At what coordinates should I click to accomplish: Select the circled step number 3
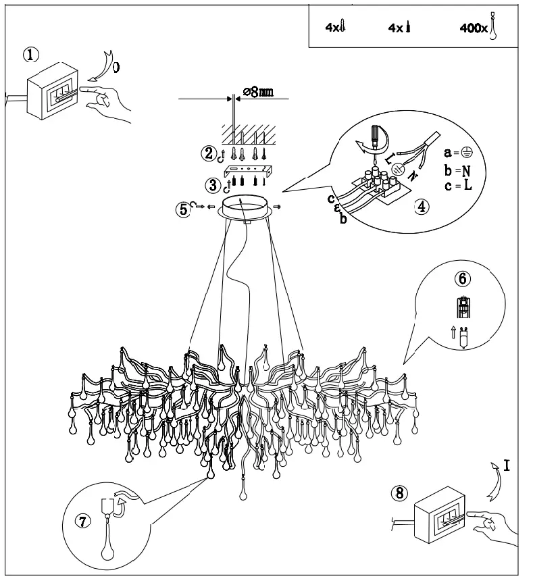pyautogui.click(x=213, y=184)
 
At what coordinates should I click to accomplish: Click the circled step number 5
pyautogui.click(x=183, y=209)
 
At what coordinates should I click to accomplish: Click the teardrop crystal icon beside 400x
pyautogui.click(x=494, y=26)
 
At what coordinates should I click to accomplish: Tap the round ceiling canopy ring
pyautogui.click(x=249, y=207)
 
